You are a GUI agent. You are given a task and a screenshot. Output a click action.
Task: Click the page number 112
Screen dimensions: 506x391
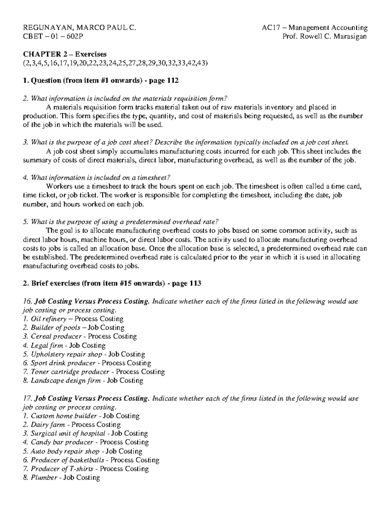[x=172, y=80]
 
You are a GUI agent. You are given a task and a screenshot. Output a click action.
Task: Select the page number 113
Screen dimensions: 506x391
[x=195, y=283]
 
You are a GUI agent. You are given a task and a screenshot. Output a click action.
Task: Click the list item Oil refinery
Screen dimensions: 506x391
[x=49, y=319]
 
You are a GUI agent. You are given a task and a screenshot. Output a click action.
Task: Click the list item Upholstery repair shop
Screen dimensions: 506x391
[x=66, y=354]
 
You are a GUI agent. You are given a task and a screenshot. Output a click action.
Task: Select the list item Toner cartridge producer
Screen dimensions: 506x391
[x=70, y=372]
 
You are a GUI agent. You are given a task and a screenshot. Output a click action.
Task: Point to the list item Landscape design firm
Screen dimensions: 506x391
[x=65, y=381]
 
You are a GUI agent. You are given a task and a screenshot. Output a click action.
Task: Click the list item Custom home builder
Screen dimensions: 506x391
[x=64, y=416]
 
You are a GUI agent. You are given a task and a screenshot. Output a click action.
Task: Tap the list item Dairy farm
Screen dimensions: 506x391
[x=48, y=425]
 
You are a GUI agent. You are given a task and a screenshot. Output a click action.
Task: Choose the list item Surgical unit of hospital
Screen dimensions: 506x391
[x=68, y=434]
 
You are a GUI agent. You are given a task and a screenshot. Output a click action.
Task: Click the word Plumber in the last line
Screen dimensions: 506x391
[x=44, y=478]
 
